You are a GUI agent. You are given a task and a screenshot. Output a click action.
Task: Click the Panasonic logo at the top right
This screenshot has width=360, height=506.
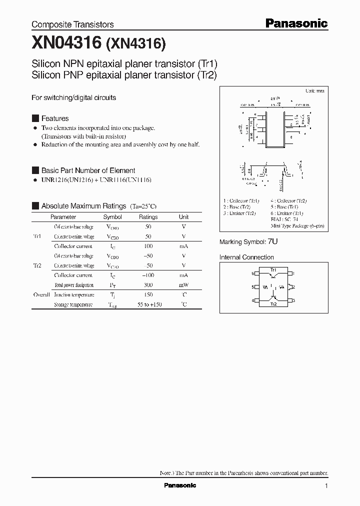pyautogui.click(x=296, y=23)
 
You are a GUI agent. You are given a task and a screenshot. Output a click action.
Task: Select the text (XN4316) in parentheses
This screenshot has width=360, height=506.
pyautogui.click(x=135, y=44)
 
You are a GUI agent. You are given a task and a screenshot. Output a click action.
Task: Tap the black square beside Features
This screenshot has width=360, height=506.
pyautogui.click(x=35, y=118)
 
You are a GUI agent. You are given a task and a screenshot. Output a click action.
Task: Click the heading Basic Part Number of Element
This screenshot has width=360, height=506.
pyautogui.click(x=88, y=170)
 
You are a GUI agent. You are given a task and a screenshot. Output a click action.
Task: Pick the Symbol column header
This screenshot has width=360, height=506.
pyautogui.click(x=112, y=217)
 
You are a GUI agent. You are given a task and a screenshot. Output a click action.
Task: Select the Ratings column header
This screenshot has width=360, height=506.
pyautogui.click(x=148, y=217)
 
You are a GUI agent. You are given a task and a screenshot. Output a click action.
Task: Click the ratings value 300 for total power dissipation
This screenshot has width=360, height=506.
pyautogui.click(x=148, y=285)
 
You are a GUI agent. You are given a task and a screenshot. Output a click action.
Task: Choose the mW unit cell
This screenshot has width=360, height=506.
pyautogui.click(x=184, y=285)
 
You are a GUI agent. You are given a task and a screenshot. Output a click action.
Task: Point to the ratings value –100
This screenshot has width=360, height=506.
pyautogui.click(x=148, y=275)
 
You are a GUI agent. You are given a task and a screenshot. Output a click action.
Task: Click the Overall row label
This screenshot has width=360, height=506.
pyautogui.click(x=41, y=295)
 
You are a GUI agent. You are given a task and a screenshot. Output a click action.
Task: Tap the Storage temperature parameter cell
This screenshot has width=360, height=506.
pyautogui.click(x=73, y=304)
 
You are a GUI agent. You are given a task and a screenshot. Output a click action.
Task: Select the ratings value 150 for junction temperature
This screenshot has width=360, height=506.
pyautogui.click(x=148, y=295)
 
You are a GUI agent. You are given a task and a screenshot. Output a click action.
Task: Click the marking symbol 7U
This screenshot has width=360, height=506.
pyautogui.click(x=272, y=241)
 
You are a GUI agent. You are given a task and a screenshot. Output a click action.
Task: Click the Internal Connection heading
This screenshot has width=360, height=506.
pyautogui.click(x=246, y=257)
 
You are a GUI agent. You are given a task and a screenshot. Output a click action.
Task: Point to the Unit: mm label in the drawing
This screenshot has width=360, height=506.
pyautogui.click(x=314, y=91)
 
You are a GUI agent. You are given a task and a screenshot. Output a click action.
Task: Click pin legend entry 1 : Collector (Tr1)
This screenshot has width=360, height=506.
pyautogui.click(x=241, y=200)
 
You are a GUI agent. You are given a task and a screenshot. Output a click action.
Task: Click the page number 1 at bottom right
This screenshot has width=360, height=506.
pyautogui.click(x=326, y=486)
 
